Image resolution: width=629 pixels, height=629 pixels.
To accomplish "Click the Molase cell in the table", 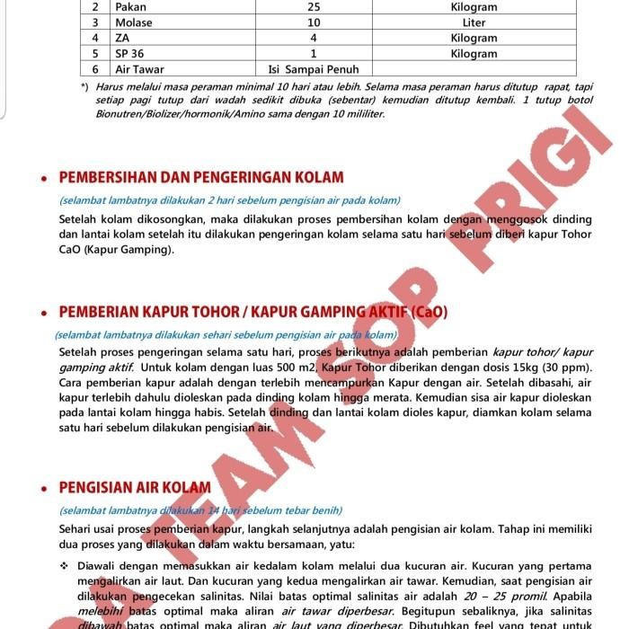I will tap(134, 22).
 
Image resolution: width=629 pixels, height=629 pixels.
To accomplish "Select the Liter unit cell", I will tap(474, 22).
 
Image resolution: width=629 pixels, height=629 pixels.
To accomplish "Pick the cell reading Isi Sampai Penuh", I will tap(314, 69).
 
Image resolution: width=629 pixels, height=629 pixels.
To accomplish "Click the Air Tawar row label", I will tap(139, 69).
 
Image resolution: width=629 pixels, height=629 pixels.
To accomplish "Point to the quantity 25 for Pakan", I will tap(314, 7).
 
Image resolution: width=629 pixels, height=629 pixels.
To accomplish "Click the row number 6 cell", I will tap(95, 69).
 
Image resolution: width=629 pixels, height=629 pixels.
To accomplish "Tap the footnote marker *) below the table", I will tap(84, 86).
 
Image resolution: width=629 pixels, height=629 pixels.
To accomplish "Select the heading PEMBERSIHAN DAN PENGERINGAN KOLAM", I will tap(201, 177).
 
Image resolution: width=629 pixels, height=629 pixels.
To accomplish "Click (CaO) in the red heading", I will tap(428, 312).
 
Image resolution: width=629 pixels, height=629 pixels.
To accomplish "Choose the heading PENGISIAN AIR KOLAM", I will tap(135, 487).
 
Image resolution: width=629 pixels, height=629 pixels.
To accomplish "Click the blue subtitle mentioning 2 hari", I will tap(229, 200).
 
